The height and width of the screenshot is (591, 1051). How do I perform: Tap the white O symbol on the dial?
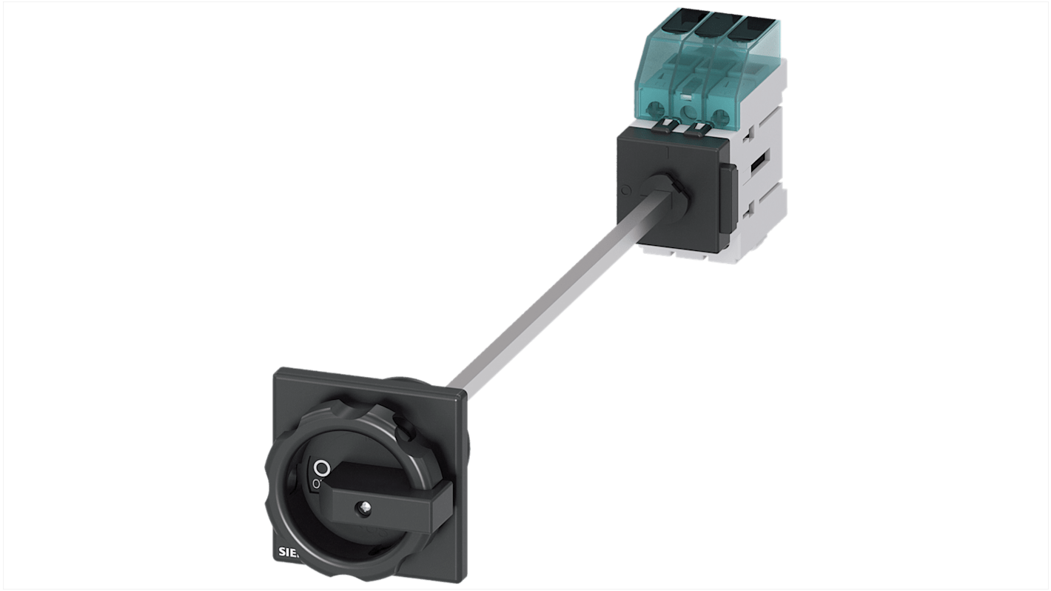point(321,468)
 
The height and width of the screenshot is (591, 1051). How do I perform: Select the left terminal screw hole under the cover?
point(655,111)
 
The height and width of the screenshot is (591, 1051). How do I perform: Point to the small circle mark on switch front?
point(626,190)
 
